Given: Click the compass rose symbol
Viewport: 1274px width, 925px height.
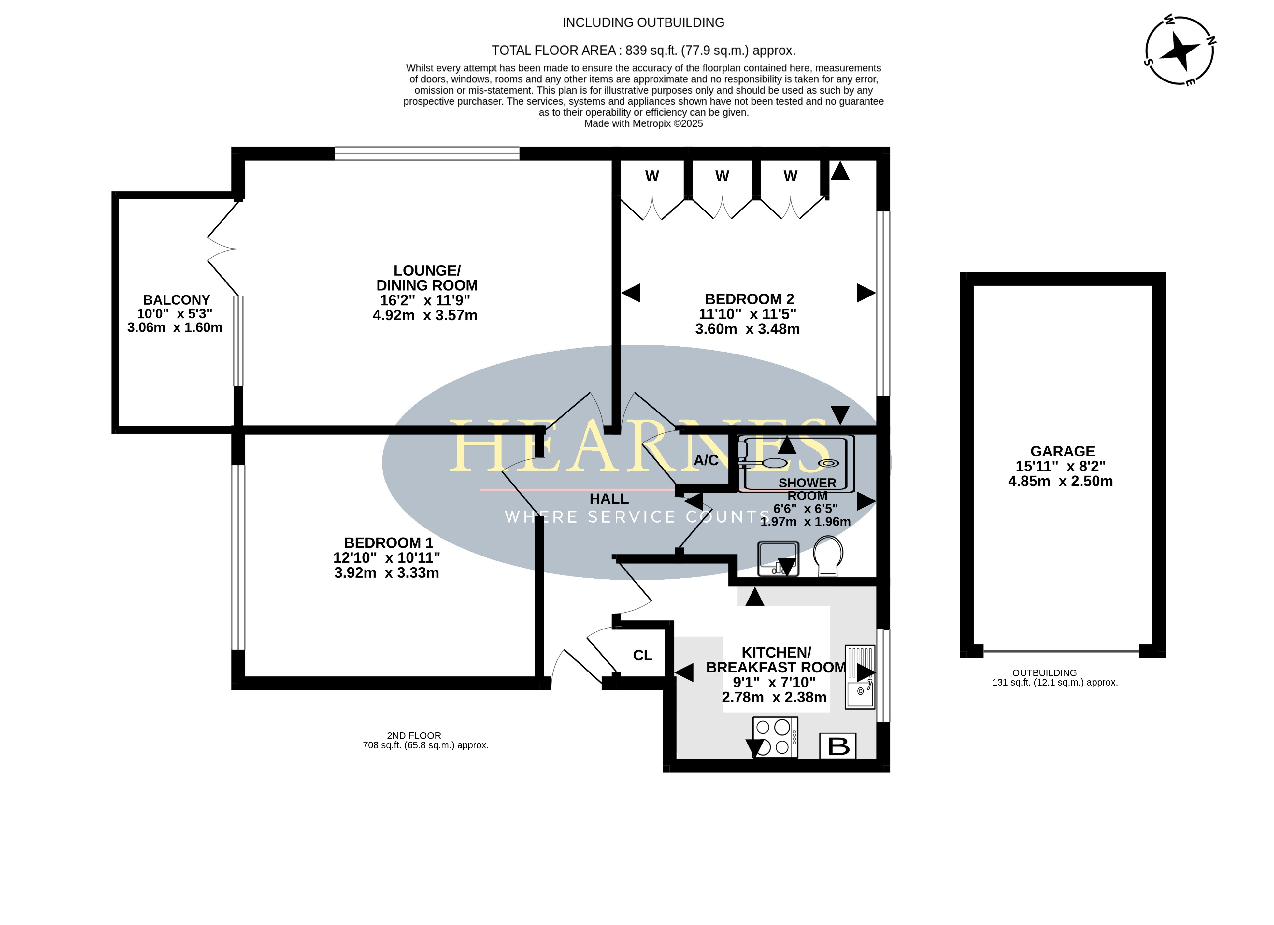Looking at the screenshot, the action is pos(1180,51).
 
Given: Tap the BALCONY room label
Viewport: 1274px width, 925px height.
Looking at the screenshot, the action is pos(176,300).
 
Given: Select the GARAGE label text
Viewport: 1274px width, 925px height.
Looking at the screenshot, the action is pos(1062,451).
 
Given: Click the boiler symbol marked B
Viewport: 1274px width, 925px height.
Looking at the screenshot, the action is pos(838,746).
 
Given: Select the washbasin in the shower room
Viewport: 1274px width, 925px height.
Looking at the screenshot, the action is pos(778,558).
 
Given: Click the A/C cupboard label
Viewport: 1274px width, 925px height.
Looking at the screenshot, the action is pos(706,460).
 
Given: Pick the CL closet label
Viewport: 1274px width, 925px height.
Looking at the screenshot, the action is pos(643,655).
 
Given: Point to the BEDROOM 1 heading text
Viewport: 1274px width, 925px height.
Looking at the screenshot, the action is pos(389,543).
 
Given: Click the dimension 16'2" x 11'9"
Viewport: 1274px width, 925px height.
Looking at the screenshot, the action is pos(425,300).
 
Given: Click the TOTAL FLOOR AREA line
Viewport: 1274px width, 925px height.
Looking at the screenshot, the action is pos(643,51).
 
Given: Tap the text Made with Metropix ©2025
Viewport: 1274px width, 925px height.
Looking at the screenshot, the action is pos(643,123).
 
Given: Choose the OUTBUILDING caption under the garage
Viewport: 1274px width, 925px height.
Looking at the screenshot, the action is pos(1044,673).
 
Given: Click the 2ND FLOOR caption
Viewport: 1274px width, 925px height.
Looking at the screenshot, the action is pos(414,736).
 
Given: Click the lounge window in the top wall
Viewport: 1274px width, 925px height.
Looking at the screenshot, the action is pos(427,153).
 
